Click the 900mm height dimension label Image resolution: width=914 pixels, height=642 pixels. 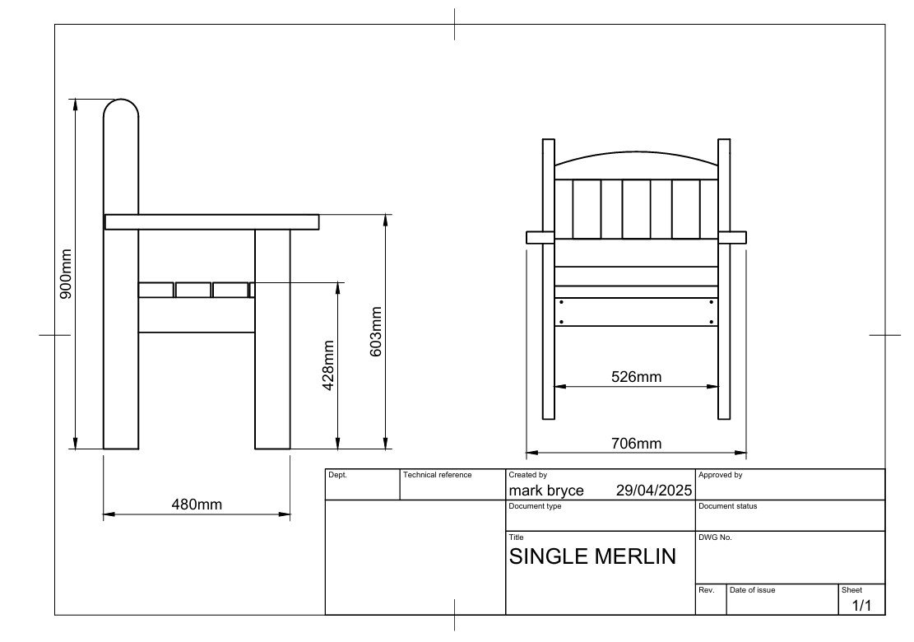click(x=65, y=274)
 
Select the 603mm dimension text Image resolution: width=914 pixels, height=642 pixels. click(x=376, y=332)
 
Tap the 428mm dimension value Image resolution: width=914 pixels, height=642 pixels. click(x=328, y=365)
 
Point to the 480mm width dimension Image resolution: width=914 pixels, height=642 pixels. click(x=197, y=505)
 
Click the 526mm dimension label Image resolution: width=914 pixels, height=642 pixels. click(x=636, y=377)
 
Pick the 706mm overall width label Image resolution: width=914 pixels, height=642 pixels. click(x=636, y=444)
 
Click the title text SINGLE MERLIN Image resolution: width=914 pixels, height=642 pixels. click(x=592, y=556)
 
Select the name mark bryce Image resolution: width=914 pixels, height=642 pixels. click(x=546, y=491)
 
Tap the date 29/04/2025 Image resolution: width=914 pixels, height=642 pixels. click(x=654, y=491)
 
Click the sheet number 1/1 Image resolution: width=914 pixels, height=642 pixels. click(x=861, y=605)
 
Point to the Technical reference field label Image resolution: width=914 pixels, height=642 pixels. click(x=437, y=475)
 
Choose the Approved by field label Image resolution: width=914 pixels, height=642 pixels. click(x=721, y=475)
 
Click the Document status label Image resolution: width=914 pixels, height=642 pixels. click(x=727, y=506)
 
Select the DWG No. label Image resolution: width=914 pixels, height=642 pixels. click(x=715, y=537)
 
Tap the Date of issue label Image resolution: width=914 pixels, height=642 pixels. click(x=752, y=590)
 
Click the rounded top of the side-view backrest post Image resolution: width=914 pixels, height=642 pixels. click(x=121, y=100)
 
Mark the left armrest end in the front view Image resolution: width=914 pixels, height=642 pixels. click(x=534, y=237)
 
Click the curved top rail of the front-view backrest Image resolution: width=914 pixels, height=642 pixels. click(x=636, y=153)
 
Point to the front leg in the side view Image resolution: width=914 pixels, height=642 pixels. click(x=272, y=339)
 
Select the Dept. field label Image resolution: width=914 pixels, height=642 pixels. click(x=337, y=475)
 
